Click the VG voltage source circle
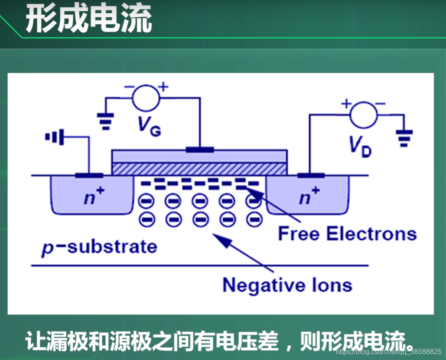(146, 98)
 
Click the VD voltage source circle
(363, 115)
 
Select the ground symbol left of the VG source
(105, 121)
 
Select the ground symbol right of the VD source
(404, 137)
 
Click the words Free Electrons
(347, 233)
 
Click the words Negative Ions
(287, 285)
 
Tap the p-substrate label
(99, 247)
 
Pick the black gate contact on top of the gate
(200, 150)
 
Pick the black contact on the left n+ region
(89, 175)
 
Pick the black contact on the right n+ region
(311, 175)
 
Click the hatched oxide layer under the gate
(199, 169)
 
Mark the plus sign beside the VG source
(163, 87)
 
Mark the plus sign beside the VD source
(346, 104)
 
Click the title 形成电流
(89, 19)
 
